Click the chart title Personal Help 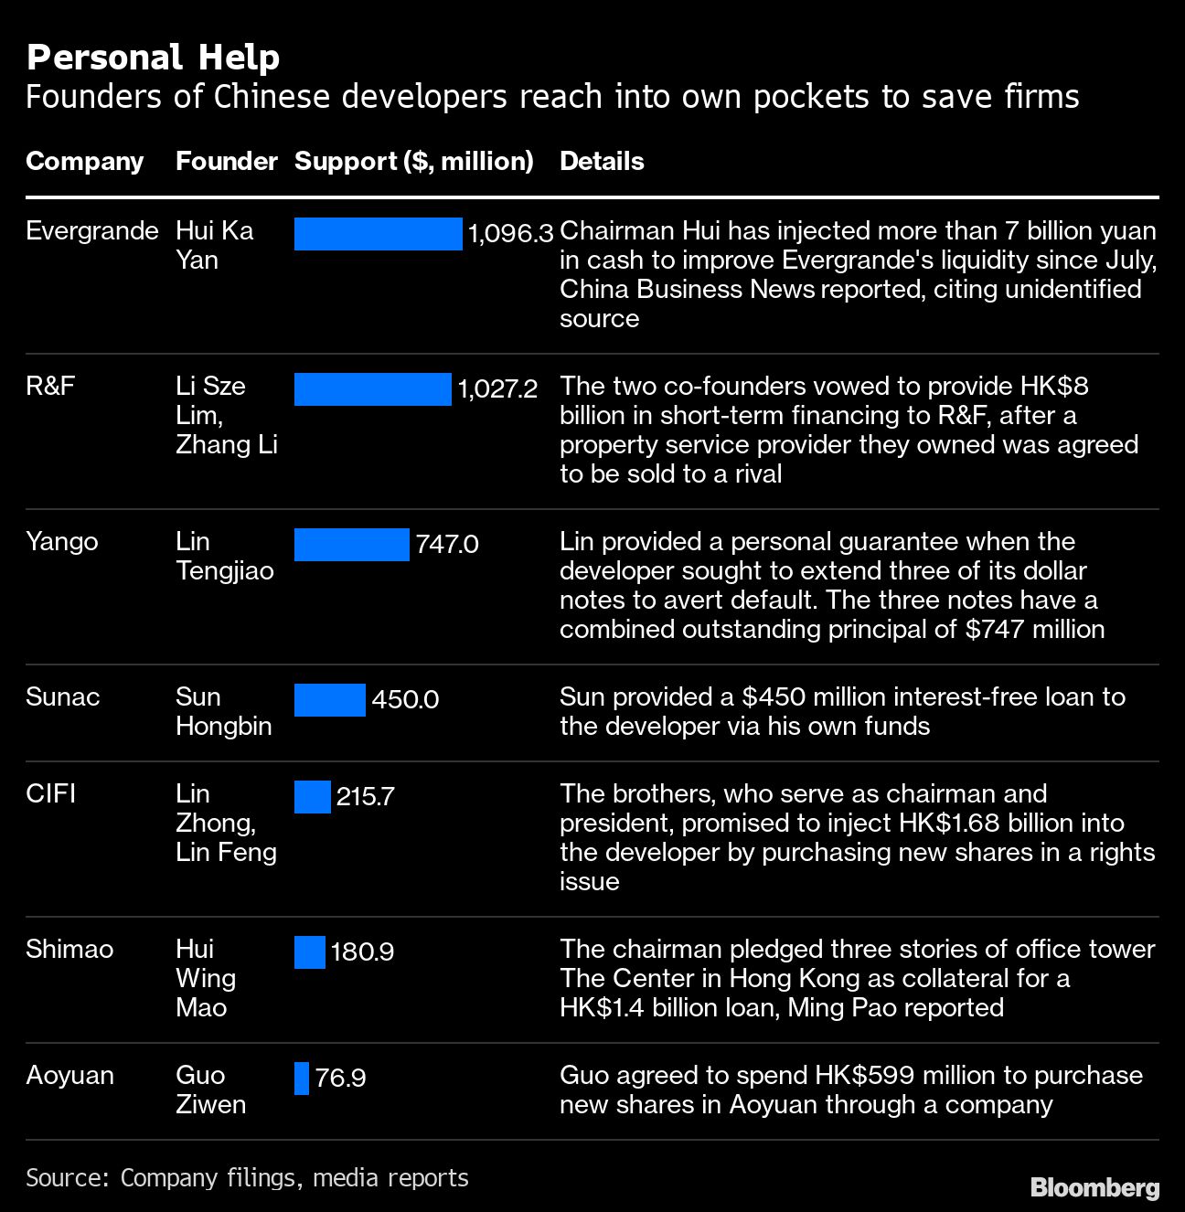[153, 58]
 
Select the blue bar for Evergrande [378, 234]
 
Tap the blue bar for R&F [372, 389]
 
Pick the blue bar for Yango [351, 545]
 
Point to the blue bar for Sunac [329, 700]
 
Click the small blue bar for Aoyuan [302, 1079]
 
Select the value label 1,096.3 [510, 234]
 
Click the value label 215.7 [365, 797]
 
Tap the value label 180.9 [362, 952]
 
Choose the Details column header [602, 162]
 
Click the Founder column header [226, 162]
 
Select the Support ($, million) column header [413, 162]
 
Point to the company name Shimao [69, 949]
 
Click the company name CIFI [50, 793]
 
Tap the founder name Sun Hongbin [223, 711]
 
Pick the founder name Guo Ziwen [210, 1090]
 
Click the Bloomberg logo [1094, 1187]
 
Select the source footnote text [247, 1177]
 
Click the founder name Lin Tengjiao [224, 556]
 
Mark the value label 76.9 [340, 1079]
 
